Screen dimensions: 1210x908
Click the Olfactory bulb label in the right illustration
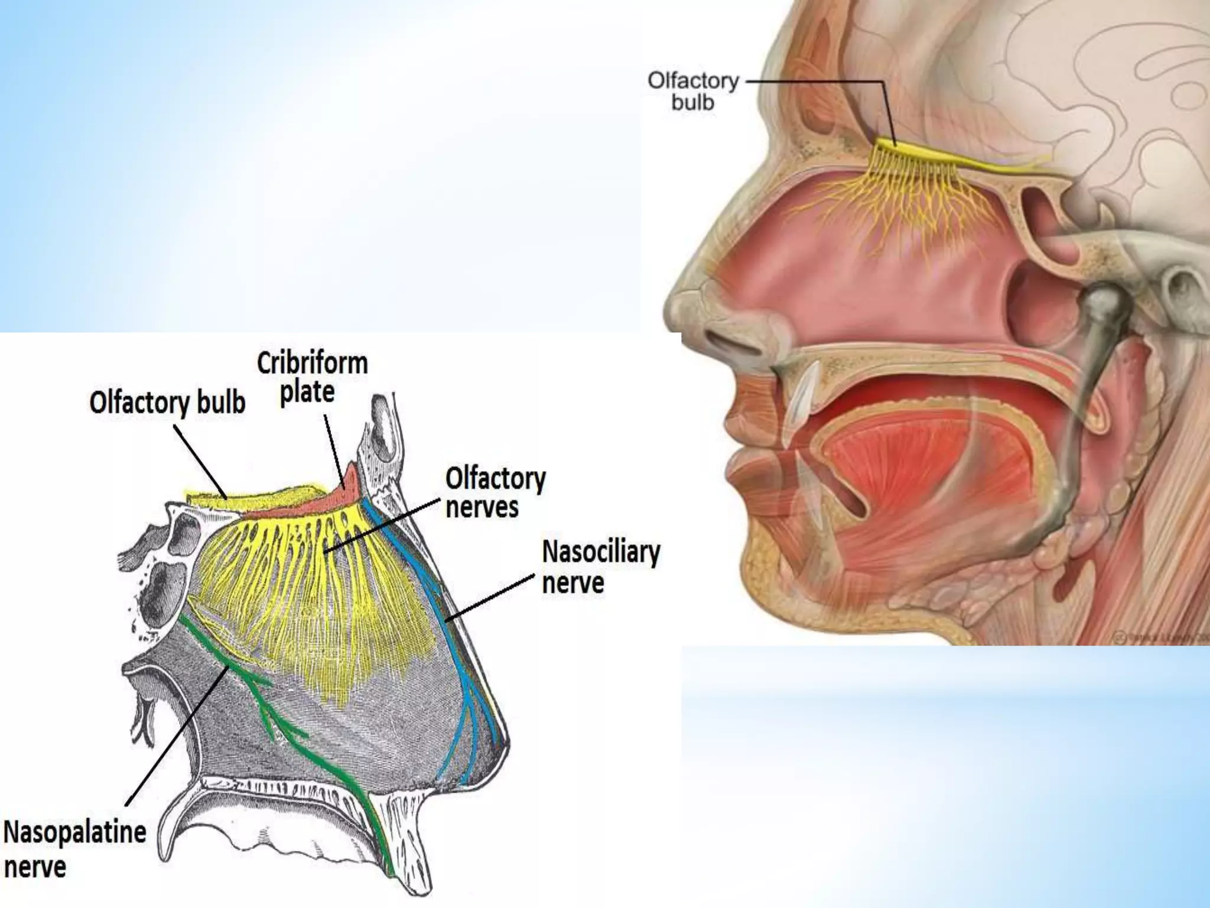coord(692,92)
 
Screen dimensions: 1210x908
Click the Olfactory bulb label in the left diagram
coord(167,403)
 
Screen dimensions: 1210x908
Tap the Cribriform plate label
coord(312,377)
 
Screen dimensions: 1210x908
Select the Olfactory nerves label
coord(495,492)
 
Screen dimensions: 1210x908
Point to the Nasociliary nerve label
coord(600,567)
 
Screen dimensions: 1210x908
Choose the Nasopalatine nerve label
coord(74,849)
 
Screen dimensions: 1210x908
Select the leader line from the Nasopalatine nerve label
coord(177,733)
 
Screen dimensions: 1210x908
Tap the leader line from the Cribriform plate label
coord(334,449)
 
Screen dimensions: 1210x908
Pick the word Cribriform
coord(312,363)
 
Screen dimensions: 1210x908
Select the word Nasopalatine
coord(74,832)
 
